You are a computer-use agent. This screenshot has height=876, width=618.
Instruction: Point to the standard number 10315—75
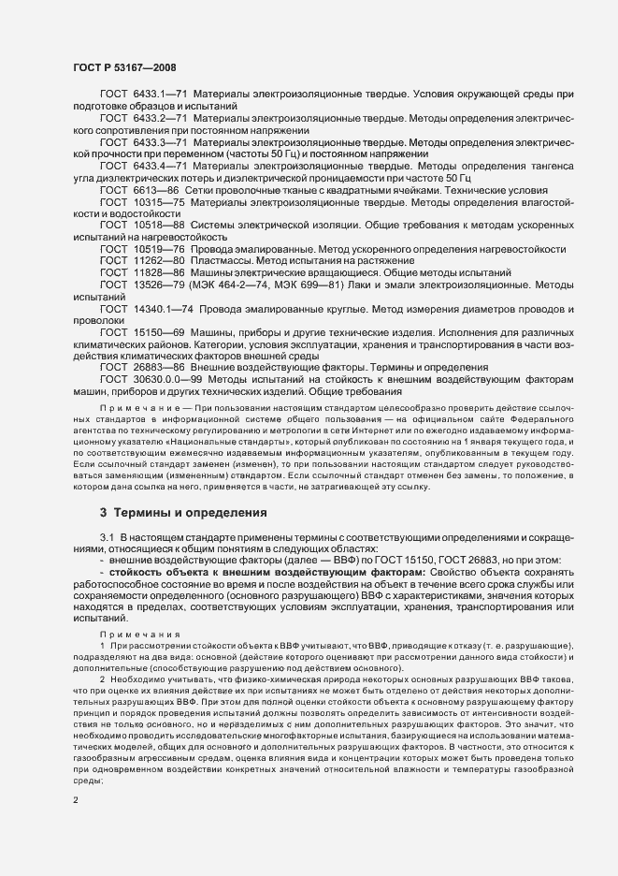160,202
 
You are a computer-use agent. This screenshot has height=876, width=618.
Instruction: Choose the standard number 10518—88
160,226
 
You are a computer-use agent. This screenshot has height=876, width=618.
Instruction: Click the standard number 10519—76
160,250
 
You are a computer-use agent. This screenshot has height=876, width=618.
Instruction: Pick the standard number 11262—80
160,262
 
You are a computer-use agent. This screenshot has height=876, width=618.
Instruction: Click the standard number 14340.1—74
164,309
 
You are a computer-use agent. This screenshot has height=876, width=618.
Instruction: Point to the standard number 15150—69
160,332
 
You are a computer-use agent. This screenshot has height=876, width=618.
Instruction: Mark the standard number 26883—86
160,368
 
